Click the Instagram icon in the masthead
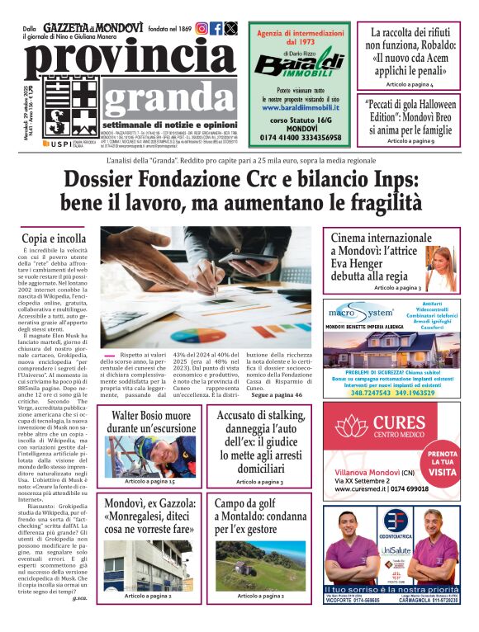point(202,28)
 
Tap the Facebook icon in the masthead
point(216,28)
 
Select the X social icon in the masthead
point(231,28)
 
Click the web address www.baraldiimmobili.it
point(298,107)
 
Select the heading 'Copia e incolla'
point(54,238)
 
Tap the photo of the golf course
point(261,565)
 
